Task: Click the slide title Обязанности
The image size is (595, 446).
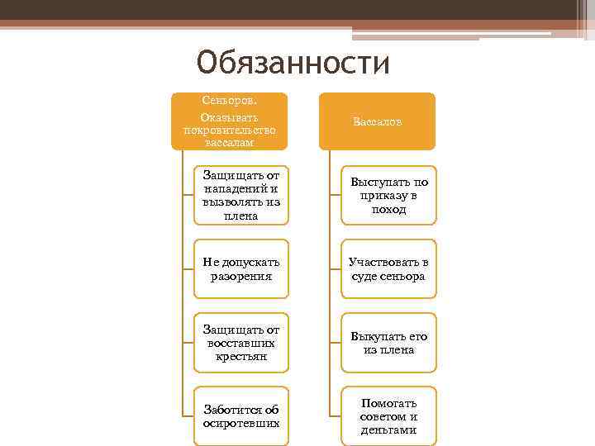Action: point(293,62)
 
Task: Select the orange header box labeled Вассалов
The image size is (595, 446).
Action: point(377,121)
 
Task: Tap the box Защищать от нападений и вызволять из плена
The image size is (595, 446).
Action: point(241,195)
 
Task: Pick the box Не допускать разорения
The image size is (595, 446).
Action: point(241,268)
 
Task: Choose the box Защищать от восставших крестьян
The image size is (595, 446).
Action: point(241,342)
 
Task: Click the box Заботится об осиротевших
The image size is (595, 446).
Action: point(241,415)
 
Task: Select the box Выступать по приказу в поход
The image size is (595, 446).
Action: point(388,195)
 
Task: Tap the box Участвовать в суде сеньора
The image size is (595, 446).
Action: point(388,268)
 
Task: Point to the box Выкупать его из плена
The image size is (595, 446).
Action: point(388,342)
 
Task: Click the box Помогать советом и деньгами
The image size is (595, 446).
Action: point(388,415)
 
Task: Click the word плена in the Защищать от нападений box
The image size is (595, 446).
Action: point(241,216)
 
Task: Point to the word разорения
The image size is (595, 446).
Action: point(241,276)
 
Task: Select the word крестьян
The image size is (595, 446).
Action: point(241,357)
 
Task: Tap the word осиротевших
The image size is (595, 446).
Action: point(241,423)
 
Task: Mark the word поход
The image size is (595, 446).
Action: point(388,210)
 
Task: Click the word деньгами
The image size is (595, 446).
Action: point(388,430)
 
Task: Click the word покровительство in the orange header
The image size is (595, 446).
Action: point(229,130)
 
